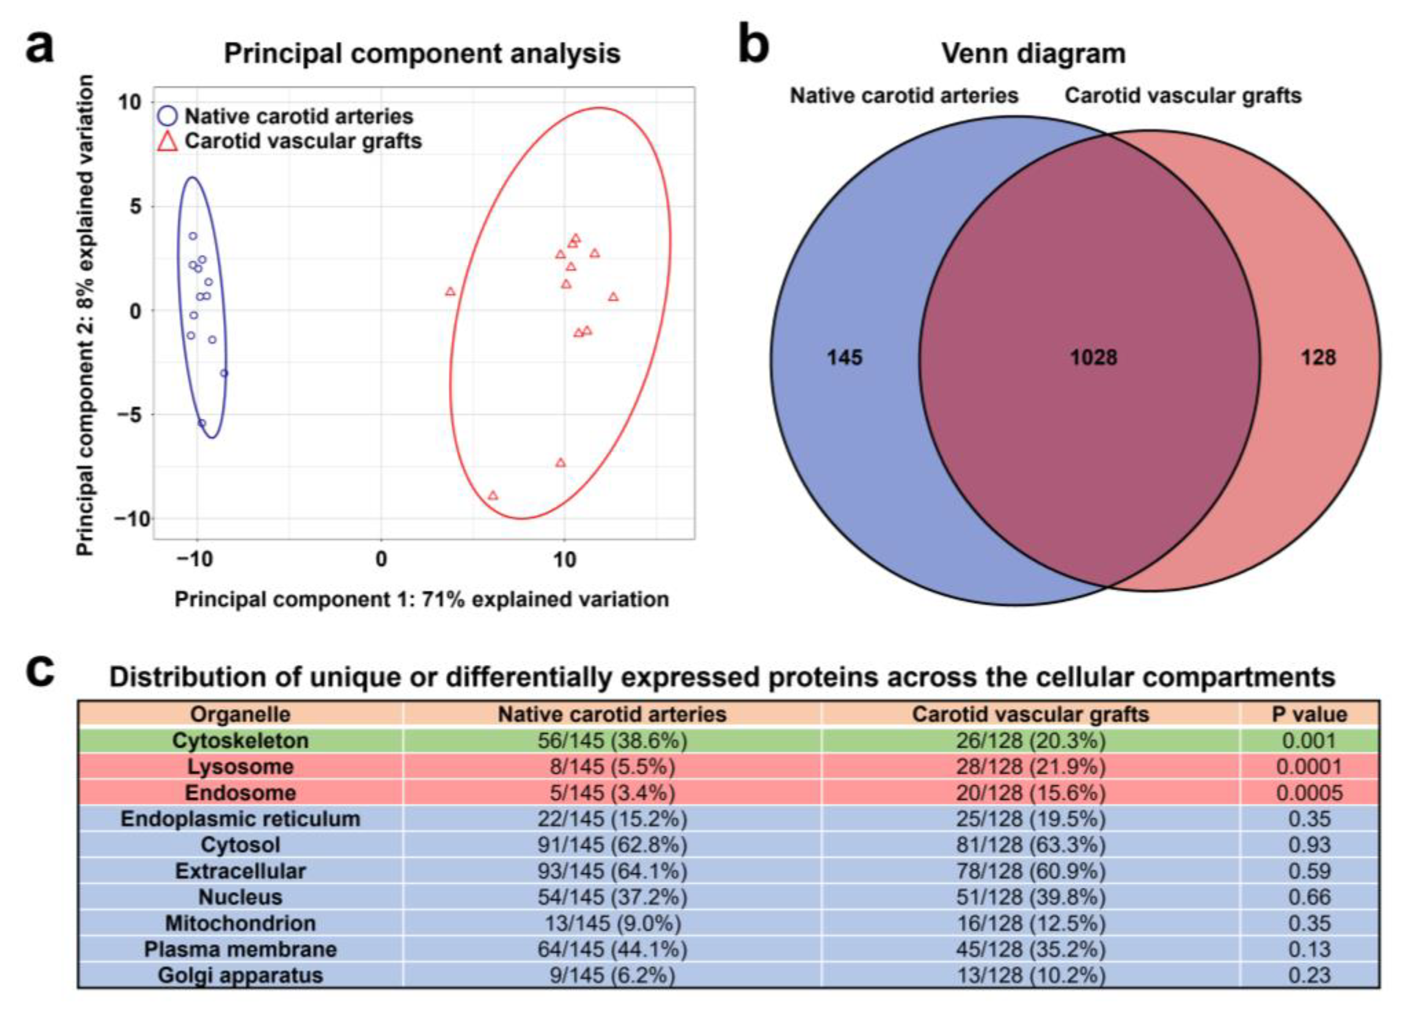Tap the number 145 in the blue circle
(x=844, y=357)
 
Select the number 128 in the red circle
(x=1318, y=357)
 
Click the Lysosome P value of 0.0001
(x=1309, y=766)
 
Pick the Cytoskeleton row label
(x=241, y=740)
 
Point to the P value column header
(x=1309, y=714)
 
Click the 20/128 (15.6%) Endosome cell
(x=1030, y=793)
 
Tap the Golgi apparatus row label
(x=241, y=975)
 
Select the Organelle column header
(x=241, y=714)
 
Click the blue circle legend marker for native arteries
(x=168, y=116)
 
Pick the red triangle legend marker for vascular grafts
(x=168, y=142)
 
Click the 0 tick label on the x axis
(x=381, y=560)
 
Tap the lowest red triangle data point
(x=493, y=496)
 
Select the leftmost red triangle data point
(x=450, y=291)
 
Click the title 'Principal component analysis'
(x=422, y=54)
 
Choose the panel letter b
(x=753, y=47)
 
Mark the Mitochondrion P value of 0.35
(x=1309, y=923)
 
